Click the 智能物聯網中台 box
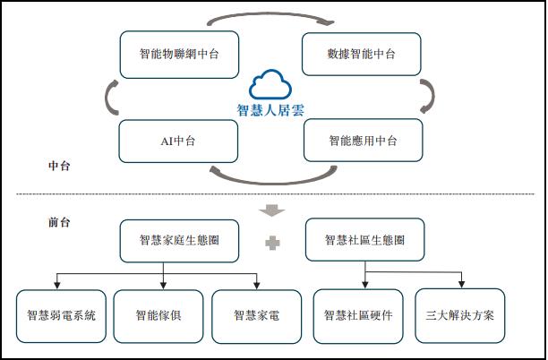[x=180, y=55]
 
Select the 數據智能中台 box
[x=362, y=55]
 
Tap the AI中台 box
[x=179, y=141]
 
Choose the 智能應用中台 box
[x=363, y=141]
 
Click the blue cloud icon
[x=271, y=85]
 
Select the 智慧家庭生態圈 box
[x=179, y=240]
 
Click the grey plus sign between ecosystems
[x=271, y=242]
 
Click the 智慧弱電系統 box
[x=61, y=315]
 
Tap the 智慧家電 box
[x=256, y=315]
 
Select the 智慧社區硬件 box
[x=357, y=315]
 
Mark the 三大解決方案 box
[x=460, y=315]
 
